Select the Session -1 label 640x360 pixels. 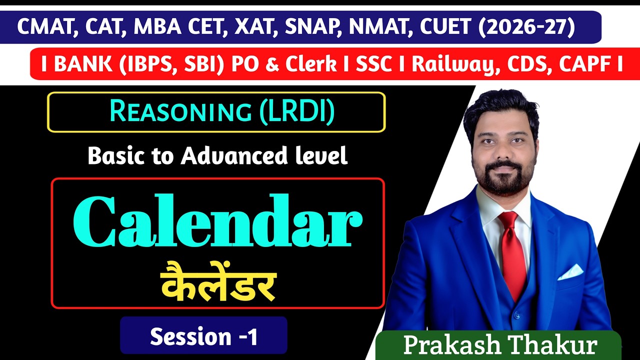pyautogui.click(x=204, y=336)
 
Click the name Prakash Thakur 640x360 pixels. pyautogui.click(x=500, y=345)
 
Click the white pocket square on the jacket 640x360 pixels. pyautogui.click(x=570, y=272)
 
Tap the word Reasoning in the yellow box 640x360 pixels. pyautogui.click(x=180, y=112)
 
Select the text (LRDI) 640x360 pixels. pyautogui.click(x=296, y=112)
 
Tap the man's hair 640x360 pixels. pyautogui.click(x=500, y=107)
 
